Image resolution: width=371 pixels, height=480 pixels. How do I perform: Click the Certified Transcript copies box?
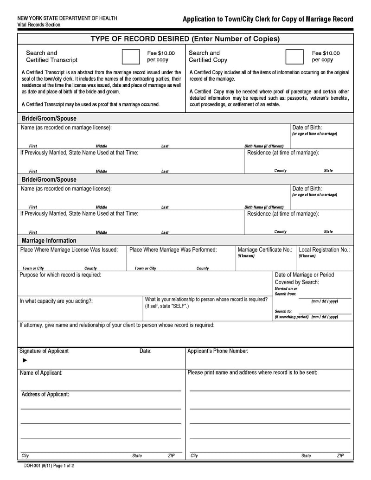[x=130, y=56]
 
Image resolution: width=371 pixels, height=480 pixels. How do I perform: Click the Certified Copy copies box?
[x=294, y=56]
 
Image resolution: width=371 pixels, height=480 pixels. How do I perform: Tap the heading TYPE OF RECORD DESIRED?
[x=185, y=38]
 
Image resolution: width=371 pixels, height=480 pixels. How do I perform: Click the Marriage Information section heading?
[x=49, y=241]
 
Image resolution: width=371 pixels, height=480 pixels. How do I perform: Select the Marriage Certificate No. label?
[x=265, y=250]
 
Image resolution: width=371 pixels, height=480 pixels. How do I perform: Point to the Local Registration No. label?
[x=324, y=250]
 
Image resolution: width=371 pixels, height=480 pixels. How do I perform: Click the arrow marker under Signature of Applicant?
[x=25, y=360]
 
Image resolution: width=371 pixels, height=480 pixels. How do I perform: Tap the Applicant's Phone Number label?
[x=217, y=351]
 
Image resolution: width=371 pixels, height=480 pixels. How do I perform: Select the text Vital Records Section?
[x=39, y=25]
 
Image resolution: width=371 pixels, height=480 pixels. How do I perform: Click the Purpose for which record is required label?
[x=60, y=275]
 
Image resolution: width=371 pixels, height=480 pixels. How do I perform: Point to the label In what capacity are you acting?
[x=56, y=301]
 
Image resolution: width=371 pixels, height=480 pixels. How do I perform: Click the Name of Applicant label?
[x=41, y=373]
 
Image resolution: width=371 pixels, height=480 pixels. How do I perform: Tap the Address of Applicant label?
[x=45, y=394]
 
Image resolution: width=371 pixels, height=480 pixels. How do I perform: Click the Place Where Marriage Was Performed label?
[x=173, y=250]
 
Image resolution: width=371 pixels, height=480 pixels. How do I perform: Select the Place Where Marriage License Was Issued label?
[x=69, y=250]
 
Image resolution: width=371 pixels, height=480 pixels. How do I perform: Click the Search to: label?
[x=283, y=311]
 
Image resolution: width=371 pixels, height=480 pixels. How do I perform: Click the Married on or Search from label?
[x=286, y=291]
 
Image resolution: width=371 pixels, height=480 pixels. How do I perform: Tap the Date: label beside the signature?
[x=145, y=351]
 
